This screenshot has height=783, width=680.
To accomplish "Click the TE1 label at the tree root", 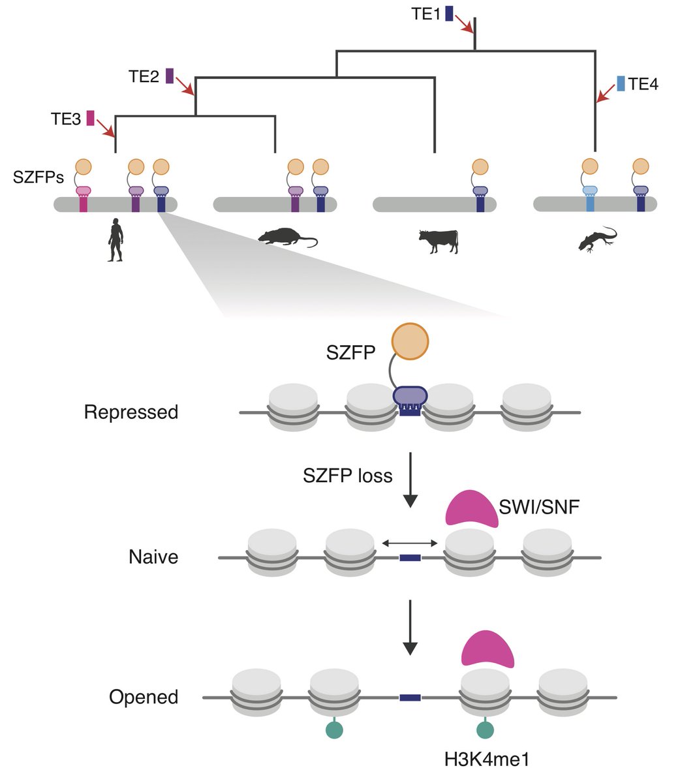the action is [x=425, y=14].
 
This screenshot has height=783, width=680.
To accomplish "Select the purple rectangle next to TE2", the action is [x=170, y=76].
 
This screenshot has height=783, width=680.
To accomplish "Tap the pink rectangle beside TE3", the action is [x=90, y=118].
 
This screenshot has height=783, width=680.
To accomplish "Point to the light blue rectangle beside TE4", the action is [x=621, y=84].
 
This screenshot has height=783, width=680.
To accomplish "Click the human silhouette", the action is [x=116, y=240].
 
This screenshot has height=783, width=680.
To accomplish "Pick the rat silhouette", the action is [x=288, y=238].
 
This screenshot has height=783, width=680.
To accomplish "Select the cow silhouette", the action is [x=439, y=241].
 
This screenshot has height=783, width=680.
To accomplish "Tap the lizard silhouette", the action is [x=598, y=239].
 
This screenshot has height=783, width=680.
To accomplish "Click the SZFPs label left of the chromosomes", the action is [x=39, y=177].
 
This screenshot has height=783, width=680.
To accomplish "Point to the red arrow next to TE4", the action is [x=606, y=94].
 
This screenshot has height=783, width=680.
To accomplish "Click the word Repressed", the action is [x=131, y=412].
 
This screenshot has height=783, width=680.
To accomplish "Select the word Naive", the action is [x=153, y=557].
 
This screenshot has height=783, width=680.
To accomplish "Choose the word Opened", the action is [x=144, y=697].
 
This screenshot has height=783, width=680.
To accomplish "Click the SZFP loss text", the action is [x=348, y=476].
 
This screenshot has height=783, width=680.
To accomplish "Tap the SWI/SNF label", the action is [x=539, y=507].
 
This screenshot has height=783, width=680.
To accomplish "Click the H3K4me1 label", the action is [x=487, y=760].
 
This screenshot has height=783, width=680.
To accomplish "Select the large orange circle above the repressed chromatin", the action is [x=410, y=341].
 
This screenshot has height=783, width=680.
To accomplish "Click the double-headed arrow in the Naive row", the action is [x=410, y=543].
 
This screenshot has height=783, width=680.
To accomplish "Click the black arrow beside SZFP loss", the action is [x=410, y=480].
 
